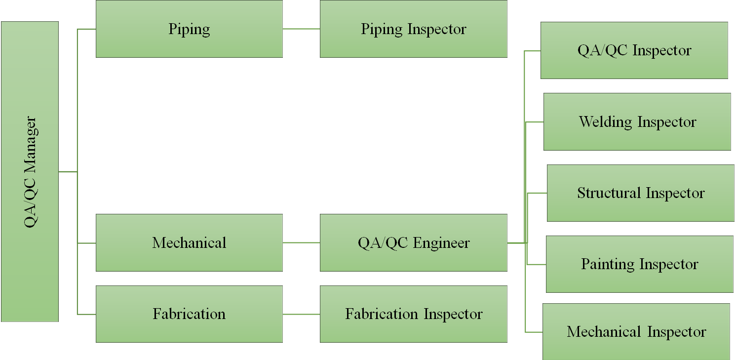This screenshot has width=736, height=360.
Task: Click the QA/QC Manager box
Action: point(30,171)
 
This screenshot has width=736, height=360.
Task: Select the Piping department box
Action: point(189,29)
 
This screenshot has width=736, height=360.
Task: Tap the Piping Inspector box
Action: point(413,29)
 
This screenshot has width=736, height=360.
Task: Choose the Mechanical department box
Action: point(189,242)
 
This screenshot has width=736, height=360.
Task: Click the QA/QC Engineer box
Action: point(413,242)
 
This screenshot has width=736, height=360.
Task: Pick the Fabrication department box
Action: point(189,314)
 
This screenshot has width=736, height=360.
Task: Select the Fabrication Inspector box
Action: point(413,314)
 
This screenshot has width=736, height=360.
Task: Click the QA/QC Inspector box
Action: point(634,50)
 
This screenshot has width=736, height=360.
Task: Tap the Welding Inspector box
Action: point(637,121)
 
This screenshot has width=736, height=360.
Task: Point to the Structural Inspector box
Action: point(640,193)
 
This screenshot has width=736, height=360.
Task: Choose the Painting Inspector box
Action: point(639,264)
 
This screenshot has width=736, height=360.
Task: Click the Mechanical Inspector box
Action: point(636,331)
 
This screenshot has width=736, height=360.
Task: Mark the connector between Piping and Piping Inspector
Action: point(301,29)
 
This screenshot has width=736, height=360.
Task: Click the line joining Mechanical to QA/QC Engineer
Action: point(301,242)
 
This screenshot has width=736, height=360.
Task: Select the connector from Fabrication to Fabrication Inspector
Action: point(301,314)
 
